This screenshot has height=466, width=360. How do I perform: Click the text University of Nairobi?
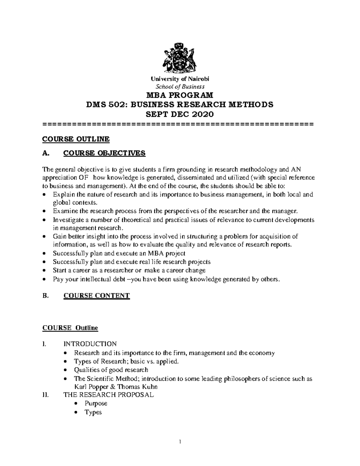point(180,79)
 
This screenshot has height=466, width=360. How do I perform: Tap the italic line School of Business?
point(180,87)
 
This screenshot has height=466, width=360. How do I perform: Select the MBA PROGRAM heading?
point(179,95)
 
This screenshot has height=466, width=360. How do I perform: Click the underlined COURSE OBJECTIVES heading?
point(104,153)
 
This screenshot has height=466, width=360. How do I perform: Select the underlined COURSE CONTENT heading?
point(97,296)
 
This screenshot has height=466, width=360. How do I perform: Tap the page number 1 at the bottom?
point(180,442)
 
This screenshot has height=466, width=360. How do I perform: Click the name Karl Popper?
point(88,387)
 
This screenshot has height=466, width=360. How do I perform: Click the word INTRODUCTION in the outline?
point(90,344)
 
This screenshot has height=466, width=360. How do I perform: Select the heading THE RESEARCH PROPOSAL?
point(108,395)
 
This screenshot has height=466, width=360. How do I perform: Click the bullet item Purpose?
point(96,403)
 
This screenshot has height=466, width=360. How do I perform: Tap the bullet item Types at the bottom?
point(93,412)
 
